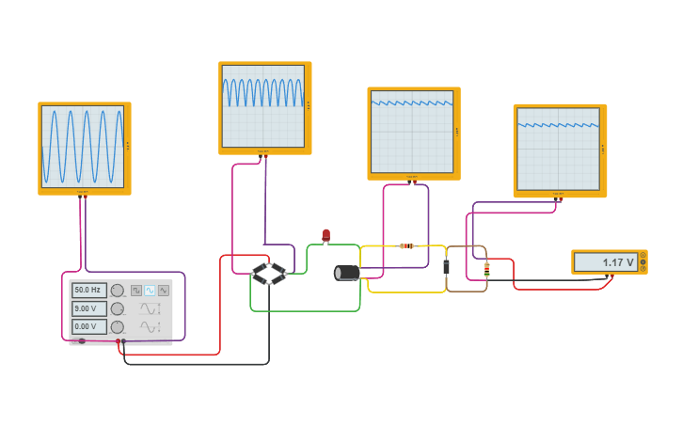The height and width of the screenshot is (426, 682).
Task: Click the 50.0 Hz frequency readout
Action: pos(88,291)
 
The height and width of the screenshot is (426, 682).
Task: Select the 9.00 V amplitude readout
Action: pos(88,308)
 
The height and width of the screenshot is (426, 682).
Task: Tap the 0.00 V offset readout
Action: pos(88,326)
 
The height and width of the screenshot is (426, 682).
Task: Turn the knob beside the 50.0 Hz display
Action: pos(118,291)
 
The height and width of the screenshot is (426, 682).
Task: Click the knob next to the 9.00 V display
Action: pos(118,308)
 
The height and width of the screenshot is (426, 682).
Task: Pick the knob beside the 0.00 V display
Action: pos(118,326)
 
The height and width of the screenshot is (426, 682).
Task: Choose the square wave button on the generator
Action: pos(136,291)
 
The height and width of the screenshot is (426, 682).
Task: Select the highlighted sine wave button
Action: pos(150,291)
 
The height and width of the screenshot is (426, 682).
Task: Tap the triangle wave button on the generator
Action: pos(164,291)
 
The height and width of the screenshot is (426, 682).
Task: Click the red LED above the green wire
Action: pos(326,234)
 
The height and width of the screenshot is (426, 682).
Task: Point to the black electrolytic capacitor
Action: pos(347,273)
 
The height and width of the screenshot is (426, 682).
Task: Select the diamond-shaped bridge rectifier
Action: pos(269,274)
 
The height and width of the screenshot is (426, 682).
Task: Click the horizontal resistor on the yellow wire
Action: pos(406,246)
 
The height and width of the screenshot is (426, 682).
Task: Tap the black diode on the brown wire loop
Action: pos(446,267)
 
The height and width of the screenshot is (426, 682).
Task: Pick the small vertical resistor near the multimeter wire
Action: pos(486,269)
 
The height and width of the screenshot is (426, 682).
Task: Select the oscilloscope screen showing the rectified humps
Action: pos(263,105)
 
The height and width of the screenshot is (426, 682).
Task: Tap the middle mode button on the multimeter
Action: pos(642,262)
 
